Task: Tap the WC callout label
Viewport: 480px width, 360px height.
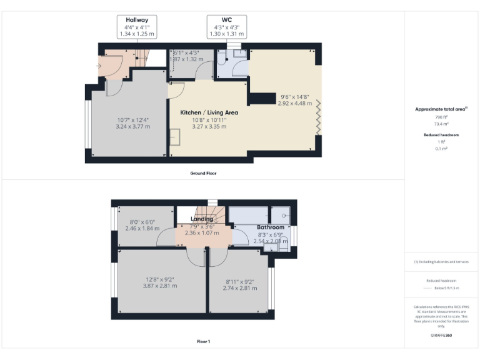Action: pyautogui.click(x=226, y=20)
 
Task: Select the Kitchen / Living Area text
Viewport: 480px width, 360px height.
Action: pyautogui.click(x=209, y=112)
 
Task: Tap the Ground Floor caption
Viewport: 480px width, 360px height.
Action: pyautogui.click(x=203, y=173)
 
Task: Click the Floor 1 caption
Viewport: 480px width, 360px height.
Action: pyautogui.click(x=203, y=342)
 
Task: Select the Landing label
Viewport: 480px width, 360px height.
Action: pyautogui.click(x=202, y=219)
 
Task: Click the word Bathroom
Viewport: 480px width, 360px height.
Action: pyautogui.click(x=271, y=227)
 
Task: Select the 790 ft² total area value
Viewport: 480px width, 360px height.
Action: pyautogui.click(x=441, y=117)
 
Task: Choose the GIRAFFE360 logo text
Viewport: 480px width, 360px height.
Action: pyautogui.click(x=441, y=336)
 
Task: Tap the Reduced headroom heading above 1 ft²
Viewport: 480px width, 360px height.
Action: pyautogui.click(x=441, y=134)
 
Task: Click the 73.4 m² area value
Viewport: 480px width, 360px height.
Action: pyautogui.click(x=441, y=124)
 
